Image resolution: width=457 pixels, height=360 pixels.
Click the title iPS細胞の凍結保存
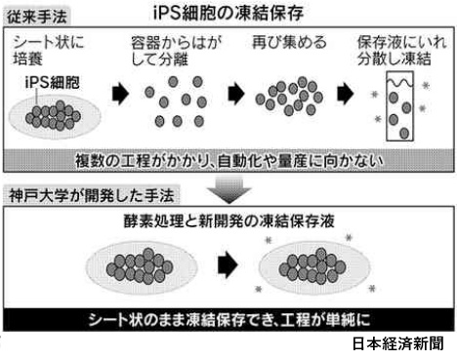pos(228,13)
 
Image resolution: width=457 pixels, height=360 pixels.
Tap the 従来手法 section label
pos(37,17)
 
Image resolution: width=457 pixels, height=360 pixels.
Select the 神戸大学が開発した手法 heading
pos(92,196)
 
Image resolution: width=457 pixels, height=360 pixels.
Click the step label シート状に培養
pos(48,51)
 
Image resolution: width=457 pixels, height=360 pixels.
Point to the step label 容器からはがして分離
pos(176,51)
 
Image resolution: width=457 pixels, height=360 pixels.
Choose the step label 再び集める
pos(289,42)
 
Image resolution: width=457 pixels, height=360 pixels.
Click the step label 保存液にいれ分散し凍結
pos(401,51)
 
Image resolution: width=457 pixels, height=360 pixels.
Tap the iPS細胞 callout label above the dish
pos(52,82)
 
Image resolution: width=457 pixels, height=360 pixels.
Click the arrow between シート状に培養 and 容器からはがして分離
pos(120,94)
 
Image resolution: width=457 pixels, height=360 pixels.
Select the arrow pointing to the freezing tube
pos(346,94)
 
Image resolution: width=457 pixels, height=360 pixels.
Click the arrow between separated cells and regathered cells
pos(236,94)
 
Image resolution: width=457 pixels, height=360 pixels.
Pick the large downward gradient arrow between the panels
pos(229,189)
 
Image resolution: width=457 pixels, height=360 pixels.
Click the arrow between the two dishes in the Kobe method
pos(228,264)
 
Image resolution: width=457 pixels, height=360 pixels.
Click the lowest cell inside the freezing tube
pos(404,133)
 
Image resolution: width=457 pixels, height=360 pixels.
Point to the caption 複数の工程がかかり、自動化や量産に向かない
pos(228,161)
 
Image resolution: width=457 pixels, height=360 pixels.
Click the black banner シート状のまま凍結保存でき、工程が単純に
pos(228,320)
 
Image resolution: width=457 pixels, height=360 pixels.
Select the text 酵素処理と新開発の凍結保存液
pos(229,221)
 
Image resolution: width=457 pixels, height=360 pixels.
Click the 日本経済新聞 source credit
pos(397,343)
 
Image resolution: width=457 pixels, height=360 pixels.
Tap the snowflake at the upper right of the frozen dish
pos(349,237)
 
